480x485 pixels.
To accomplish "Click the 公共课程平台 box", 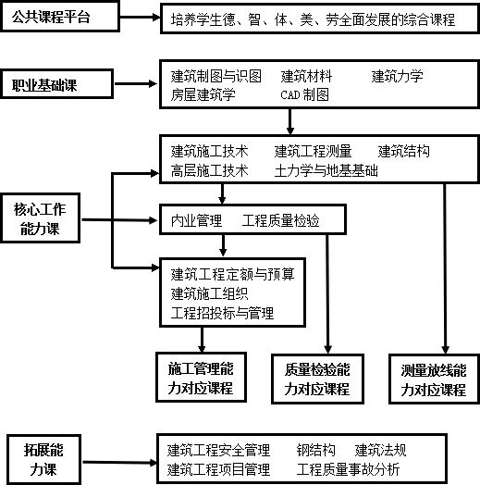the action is click(60, 17).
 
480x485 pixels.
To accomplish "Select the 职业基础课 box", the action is click(57, 84).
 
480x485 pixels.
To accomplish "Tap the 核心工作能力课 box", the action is click(40, 218).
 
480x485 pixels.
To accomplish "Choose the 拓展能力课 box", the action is click(43, 460).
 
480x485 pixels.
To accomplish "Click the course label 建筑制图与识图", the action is click(216, 77).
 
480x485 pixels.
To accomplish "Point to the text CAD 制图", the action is click(305, 95).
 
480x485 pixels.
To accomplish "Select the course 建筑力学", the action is click(397, 77).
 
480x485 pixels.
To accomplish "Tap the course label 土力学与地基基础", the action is click(326, 170).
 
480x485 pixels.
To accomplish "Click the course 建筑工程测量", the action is click(313, 151).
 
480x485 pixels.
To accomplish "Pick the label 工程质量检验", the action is click(280, 220).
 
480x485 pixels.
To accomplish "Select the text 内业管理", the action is click(196, 220).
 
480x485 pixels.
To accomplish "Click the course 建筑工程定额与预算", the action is click(232, 274).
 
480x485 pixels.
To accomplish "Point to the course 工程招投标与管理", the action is click(222, 313).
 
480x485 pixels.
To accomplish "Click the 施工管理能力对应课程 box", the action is click(201, 377).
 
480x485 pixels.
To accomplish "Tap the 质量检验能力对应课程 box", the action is click(317, 379).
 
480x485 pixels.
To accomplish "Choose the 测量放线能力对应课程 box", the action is click(434, 379).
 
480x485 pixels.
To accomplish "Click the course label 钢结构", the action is click(316, 450).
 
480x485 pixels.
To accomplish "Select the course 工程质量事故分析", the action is click(348, 469).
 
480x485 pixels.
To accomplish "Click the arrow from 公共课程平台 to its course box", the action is click(140, 17).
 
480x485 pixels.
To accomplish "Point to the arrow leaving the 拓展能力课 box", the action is click(119, 463).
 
